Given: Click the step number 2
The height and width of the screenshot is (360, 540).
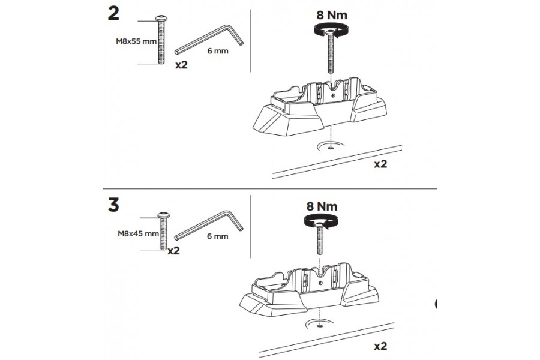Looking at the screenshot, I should coord(112,14).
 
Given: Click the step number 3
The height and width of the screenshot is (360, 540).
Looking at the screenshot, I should coord(112,205).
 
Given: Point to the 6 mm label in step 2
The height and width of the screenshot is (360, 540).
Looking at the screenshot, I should coord(217,52).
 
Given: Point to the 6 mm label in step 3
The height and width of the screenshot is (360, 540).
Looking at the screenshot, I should coord(217,236).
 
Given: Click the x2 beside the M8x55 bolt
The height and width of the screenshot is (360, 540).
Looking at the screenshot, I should coord(181,65).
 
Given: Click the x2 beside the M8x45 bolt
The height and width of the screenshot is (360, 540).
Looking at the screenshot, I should coord(173,251).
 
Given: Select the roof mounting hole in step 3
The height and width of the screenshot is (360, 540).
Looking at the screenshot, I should coord(319,325).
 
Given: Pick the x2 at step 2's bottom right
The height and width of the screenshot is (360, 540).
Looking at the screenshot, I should coord(380,163).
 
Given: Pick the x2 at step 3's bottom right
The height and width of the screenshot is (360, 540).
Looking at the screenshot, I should coord(380,346).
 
